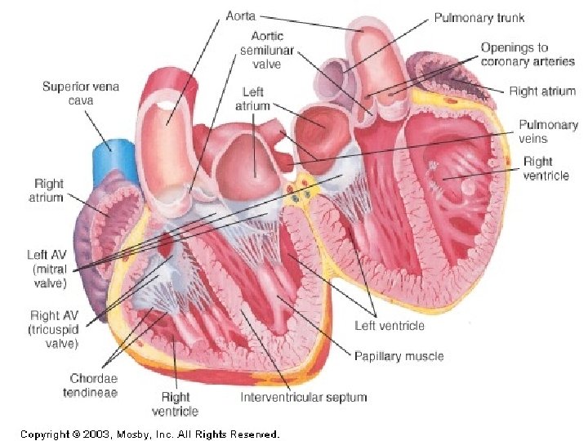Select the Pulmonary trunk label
pyautogui.click(x=479, y=17)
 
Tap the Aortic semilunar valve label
pyautogui.click(x=266, y=51)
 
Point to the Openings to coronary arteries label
pyautogui.click(x=527, y=55)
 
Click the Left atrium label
pyautogui.click(x=252, y=100)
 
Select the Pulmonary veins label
pyautogui.click(x=547, y=131)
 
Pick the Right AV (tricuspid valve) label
pyautogui.click(x=54, y=329)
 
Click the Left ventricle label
pyautogui.click(x=389, y=325)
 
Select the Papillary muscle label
pyautogui.click(x=399, y=355)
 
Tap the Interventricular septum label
pyautogui.click(x=303, y=398)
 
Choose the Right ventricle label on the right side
pyautogui.click(x=546, y=168)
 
